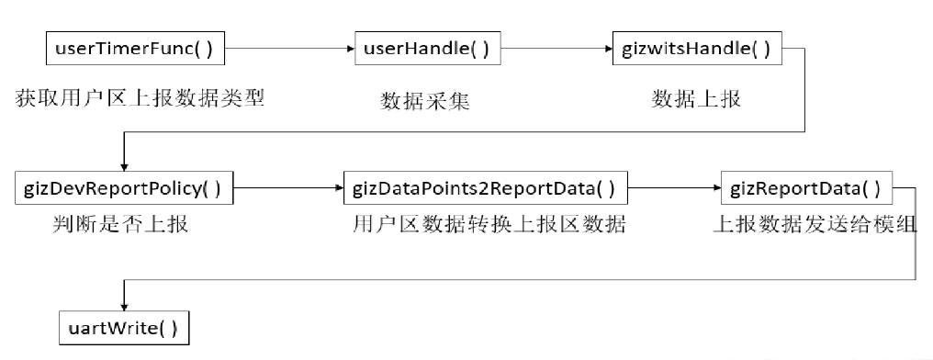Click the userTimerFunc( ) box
135,48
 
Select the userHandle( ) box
427,48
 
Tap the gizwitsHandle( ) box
696,48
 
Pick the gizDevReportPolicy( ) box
125,189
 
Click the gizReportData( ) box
805,189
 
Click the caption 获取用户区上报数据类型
141,97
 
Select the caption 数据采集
425,101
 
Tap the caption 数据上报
695,99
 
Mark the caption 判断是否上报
122,223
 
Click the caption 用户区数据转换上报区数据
489,224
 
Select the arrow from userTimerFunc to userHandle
289,48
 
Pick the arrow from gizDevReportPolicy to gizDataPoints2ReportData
287,189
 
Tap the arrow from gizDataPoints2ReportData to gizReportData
671,189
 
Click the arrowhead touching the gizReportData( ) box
715,189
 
